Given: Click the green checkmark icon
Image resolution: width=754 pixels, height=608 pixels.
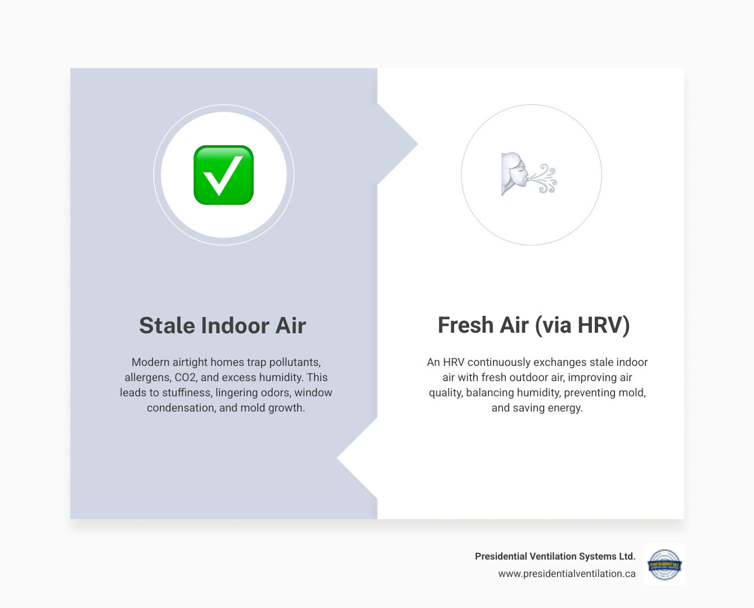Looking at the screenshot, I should coord(223,175).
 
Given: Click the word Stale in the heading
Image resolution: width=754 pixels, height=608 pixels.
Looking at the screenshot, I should coord(167,325).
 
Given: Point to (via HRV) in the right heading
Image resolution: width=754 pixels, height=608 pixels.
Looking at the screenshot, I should coord(582,325).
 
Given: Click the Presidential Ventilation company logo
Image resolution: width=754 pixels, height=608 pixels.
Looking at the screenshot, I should coord(665,564).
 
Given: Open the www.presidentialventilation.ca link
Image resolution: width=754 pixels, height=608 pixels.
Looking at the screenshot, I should coord(567,574).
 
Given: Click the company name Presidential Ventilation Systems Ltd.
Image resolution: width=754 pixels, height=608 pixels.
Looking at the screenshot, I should coord(555,556).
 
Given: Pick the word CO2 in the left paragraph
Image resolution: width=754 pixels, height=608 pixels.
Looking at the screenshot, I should coord(185,378).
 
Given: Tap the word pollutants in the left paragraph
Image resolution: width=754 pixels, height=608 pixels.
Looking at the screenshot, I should coord(293,363).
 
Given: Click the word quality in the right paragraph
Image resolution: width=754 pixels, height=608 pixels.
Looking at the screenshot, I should coord(445,393).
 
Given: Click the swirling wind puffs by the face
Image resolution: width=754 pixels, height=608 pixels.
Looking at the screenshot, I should coord(545,178).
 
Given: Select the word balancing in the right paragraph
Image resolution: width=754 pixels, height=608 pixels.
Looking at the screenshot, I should coord(490,393).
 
